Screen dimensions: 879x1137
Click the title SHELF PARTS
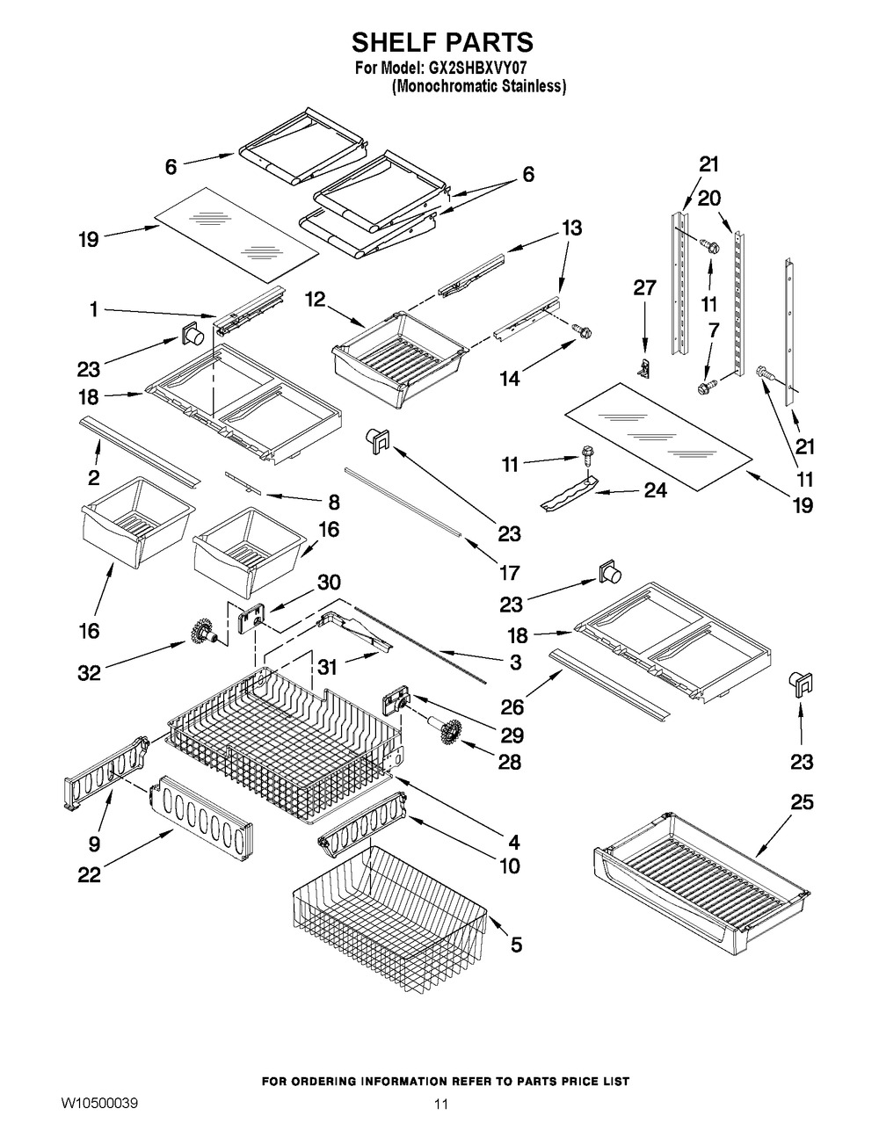coord(442,42)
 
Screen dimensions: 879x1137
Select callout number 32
coord(89,672)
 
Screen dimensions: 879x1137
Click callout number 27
coord(644,287)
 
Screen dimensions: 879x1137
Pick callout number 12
coord(316,300)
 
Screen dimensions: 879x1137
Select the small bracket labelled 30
coord(252,618)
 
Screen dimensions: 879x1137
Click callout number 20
coord(709,199)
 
